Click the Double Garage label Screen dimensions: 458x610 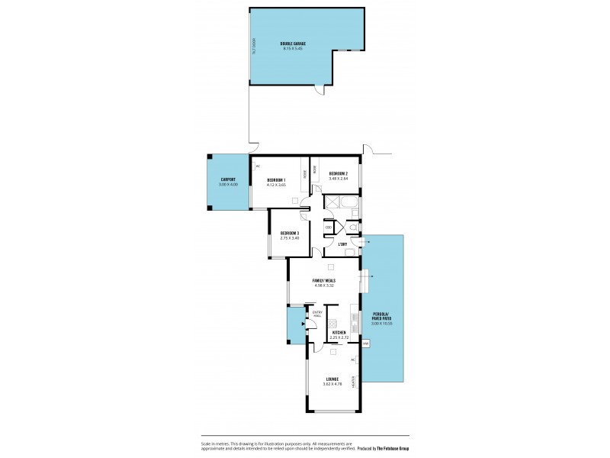click(x=293, y=44)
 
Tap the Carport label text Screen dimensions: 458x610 click(x=228, y=179)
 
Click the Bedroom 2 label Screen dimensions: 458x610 click(x=339, y=174)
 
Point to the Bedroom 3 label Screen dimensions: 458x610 click(x=289, y=233)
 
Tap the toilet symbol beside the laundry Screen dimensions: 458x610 click(x=355, y=227)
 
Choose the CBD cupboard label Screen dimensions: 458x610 click(x=329, y=227)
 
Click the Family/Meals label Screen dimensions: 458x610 click(x=324, y=280)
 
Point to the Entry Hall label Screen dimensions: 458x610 click(x=317, y=313)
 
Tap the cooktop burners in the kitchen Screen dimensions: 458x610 click(x=354, y=314)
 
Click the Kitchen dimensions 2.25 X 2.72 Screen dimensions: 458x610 click(x=339, y=337)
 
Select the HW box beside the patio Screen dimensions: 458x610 click(x=366, y=343)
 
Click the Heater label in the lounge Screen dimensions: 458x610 click(x=353, y=382)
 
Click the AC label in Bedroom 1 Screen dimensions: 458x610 click(x=258, y=166)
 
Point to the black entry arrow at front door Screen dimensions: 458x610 click(x=304, y=324)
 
